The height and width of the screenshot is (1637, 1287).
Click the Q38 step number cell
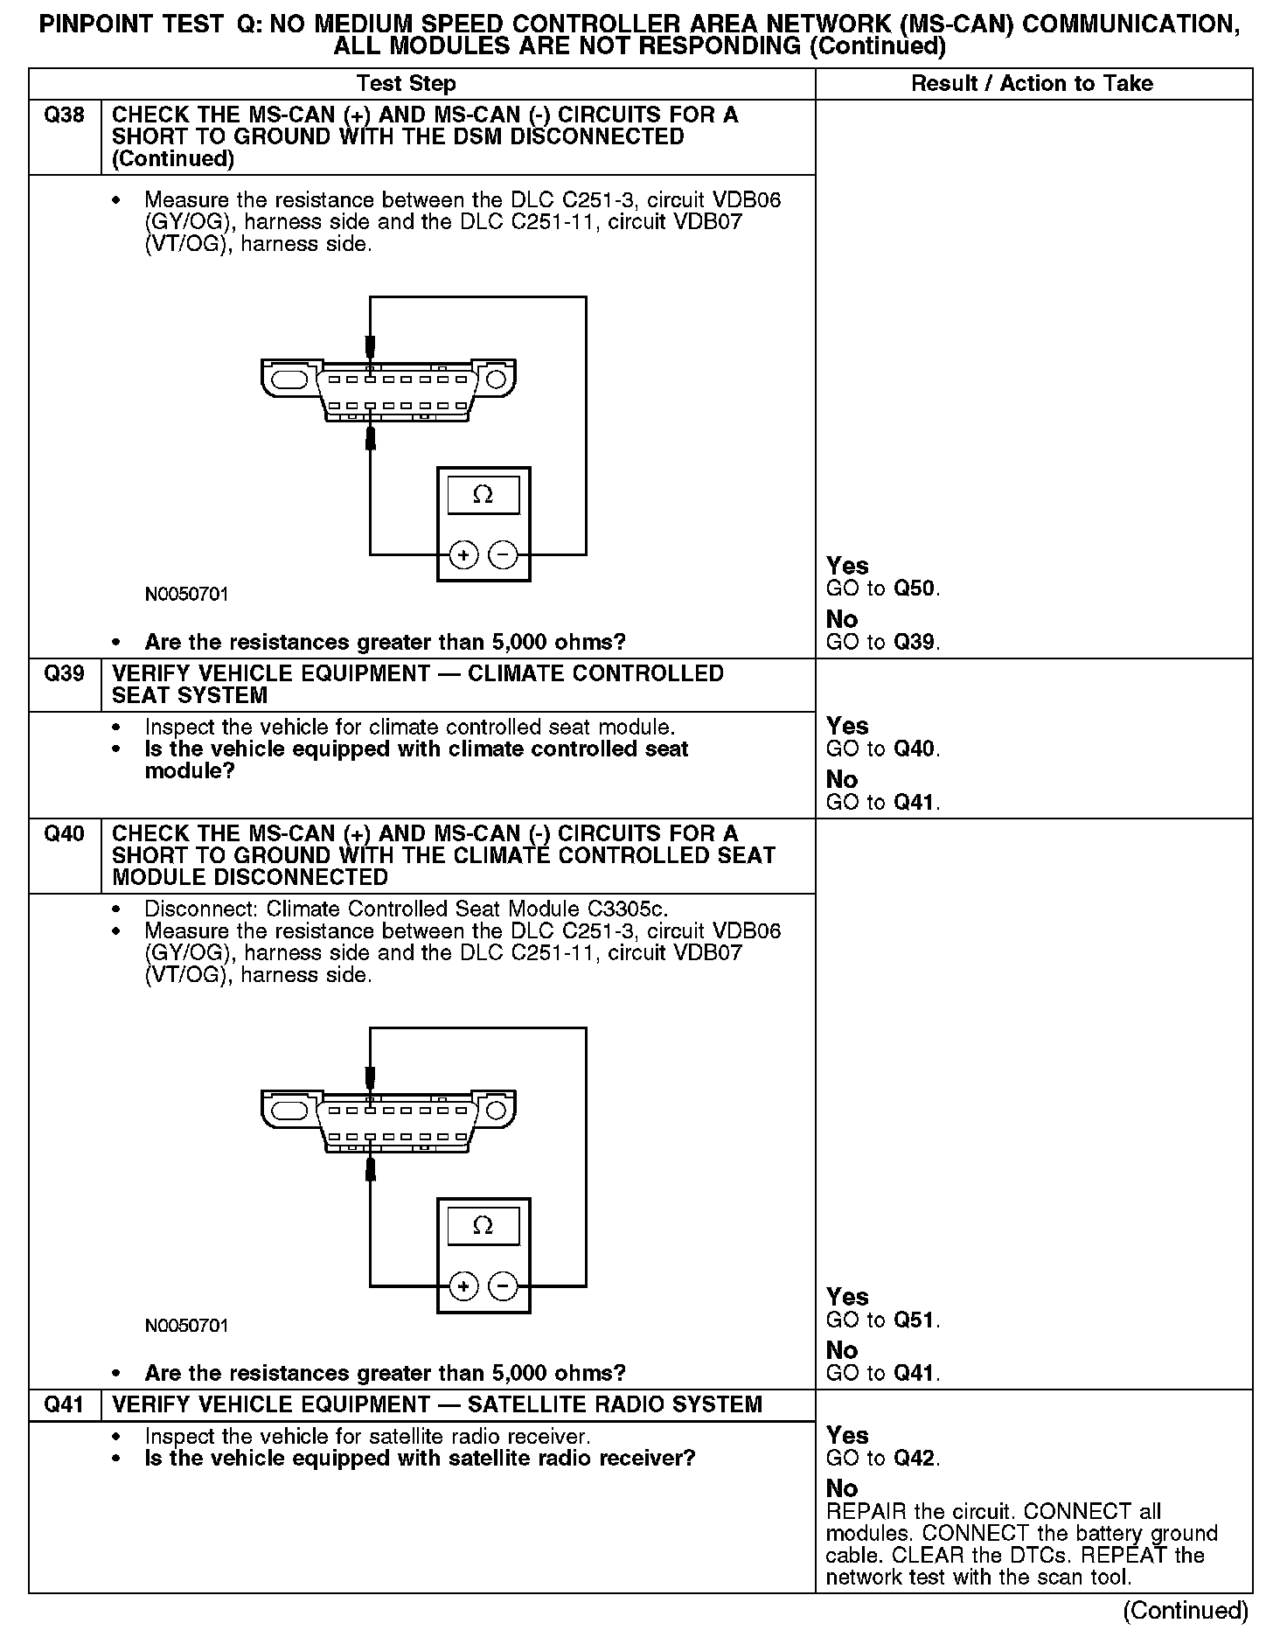coord(64,115)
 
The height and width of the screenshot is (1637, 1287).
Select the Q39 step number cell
coord(64,673)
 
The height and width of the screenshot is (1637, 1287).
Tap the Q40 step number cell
coord(64,833)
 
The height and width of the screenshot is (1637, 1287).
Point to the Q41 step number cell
coord(64,1404)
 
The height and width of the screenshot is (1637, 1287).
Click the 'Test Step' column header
coord(406,84)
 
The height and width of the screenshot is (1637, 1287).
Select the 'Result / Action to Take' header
coord(1032,84)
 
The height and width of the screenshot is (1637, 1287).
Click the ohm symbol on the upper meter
coord(483,495)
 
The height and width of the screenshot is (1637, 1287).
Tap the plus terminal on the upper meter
coord(463,554)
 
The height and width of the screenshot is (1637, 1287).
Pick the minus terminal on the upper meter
coord(502,554)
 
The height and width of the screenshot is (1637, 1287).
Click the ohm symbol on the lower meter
coord(483,1225)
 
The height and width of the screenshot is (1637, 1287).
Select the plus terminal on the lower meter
coord(463,1285)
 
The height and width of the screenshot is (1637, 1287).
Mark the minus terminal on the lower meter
coord(502,1285)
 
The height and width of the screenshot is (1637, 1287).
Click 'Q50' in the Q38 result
coord(915,589)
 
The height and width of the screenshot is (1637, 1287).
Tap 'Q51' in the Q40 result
coord(915,1320)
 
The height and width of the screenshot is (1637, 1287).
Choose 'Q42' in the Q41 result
coord(915,1458)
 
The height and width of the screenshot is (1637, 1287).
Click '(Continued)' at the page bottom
coord(1185,1610)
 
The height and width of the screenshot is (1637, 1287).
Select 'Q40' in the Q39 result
coord(915,749)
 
